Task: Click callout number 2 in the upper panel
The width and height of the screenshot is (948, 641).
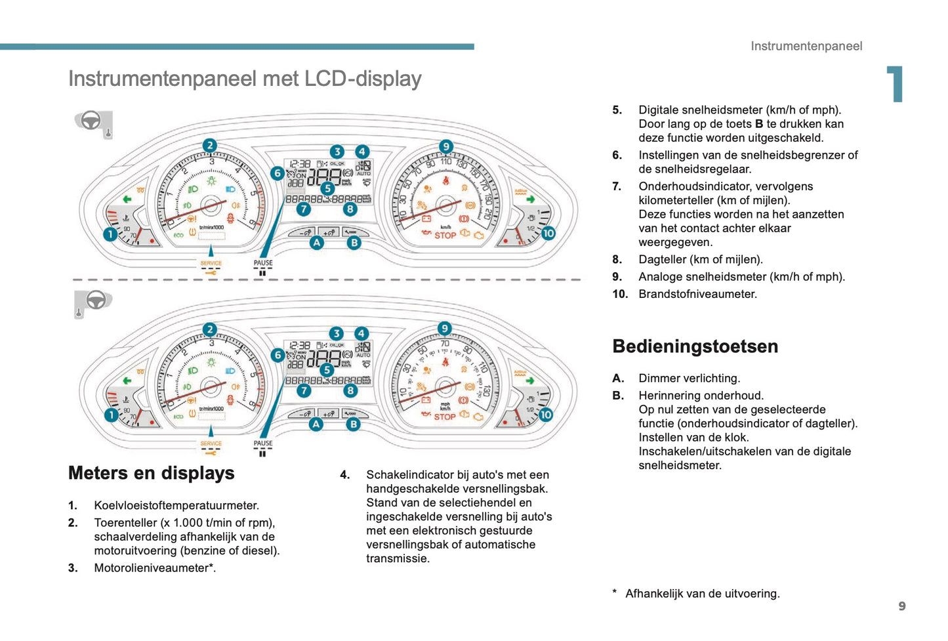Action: click(209, 146)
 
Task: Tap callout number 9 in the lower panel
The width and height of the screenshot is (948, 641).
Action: click(445, 329)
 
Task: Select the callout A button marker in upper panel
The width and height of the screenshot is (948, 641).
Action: click(317, 243)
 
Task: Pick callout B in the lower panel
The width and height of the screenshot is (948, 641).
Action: click(353, 424)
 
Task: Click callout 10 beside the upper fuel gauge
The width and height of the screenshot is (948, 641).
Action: click(548, 233)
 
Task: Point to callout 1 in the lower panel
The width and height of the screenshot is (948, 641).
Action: click(111, 415)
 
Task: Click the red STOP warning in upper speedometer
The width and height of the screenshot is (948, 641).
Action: click(445, 235)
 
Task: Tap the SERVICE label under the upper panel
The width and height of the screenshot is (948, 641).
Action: click(211, 263)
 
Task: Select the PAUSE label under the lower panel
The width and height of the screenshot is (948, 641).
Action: click(263, 444)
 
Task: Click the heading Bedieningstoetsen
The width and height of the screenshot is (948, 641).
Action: click(695, 346)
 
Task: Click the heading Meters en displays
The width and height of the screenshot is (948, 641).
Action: click(151, 473)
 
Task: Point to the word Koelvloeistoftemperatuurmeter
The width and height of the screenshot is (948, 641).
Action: click(176, 505)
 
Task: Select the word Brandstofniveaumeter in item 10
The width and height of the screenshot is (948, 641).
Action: click(697, 294)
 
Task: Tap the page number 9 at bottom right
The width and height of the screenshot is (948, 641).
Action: click(902, 606)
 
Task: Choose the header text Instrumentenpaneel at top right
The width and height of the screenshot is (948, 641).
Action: click(806, 46)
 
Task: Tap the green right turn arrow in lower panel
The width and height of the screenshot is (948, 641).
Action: click(529, 381)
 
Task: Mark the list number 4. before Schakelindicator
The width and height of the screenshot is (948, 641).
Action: click(345, 475)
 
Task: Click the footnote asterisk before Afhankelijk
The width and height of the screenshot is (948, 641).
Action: click(615, 592)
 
